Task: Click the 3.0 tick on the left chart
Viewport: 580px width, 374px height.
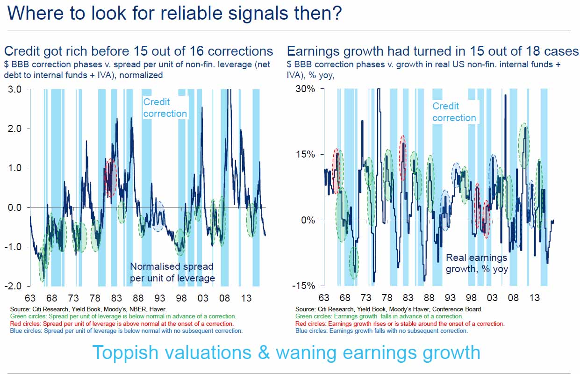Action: (18, 89)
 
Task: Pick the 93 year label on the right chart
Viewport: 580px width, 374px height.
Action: (450, 298)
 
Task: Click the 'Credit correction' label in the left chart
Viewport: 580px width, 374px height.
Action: (165, 108)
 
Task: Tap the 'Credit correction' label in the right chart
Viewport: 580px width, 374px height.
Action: (453, 112)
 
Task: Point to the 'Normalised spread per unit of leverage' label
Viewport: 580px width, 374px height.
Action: (172, 272)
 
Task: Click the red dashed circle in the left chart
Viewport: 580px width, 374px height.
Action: (110, 178)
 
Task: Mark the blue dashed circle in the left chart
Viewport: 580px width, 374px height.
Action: (159, 216)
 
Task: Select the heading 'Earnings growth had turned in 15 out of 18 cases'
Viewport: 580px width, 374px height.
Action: (432, 51)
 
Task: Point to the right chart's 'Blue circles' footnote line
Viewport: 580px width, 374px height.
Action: (381, 331)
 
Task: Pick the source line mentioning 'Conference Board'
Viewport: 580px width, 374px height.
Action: (389, 309)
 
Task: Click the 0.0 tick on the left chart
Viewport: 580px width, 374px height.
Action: (18, 207)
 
